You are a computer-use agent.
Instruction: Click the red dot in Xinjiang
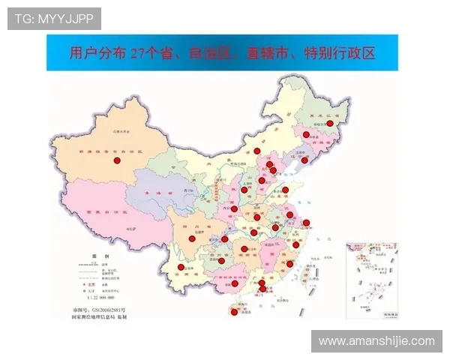(x=116, y=160)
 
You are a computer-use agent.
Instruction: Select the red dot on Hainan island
(x=234, y=313)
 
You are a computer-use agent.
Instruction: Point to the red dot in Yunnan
(x=181, y=267)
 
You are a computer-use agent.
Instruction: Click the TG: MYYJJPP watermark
(x=53, y=18)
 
